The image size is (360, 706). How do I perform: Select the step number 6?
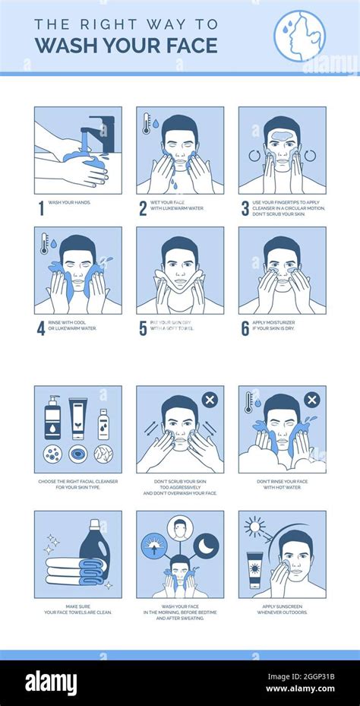(245, 328)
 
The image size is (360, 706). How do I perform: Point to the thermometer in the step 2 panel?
(146, 123)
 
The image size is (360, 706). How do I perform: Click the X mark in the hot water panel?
(311, 400)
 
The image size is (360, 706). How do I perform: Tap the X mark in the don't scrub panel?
(210, 400)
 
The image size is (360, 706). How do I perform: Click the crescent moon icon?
(205, 545)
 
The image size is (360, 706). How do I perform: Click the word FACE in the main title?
(183, 45)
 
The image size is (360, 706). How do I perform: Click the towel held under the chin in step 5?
(180, 290)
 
